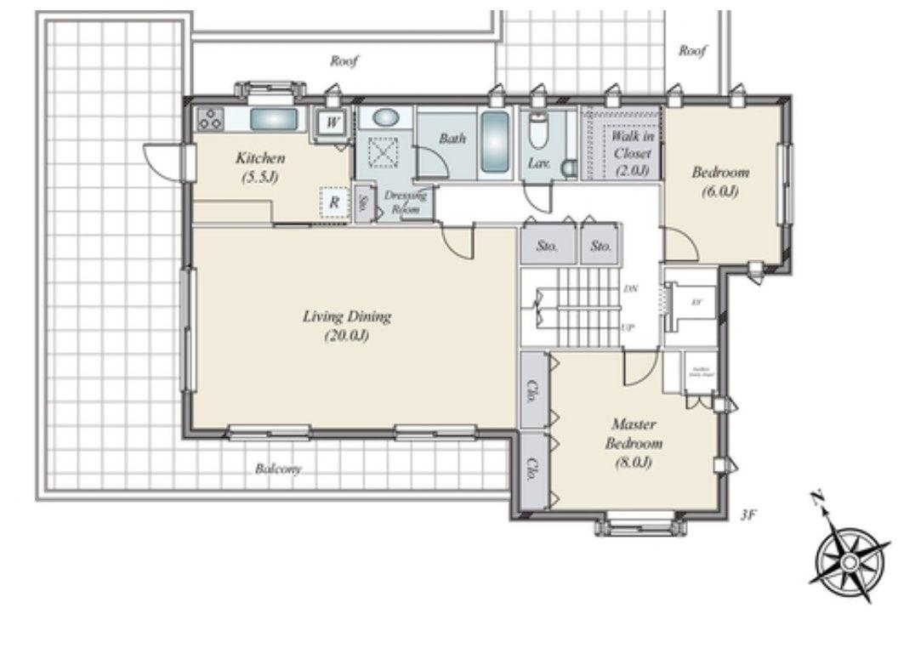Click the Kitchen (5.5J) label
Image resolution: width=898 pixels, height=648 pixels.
click(260, 167)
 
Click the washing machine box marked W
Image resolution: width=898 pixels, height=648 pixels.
click(333, 122)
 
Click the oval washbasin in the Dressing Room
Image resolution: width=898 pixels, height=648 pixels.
click(385, 118)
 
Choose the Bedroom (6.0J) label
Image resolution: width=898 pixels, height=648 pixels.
click(719, 181)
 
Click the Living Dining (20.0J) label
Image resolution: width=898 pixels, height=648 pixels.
click(346, 325)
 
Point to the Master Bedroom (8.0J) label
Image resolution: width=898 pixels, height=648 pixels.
click(634, 442)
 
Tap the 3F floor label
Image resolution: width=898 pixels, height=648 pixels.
click(747, 514)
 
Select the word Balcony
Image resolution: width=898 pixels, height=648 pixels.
click(278, 469)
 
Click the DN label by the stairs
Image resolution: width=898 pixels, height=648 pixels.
click(630, 289)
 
